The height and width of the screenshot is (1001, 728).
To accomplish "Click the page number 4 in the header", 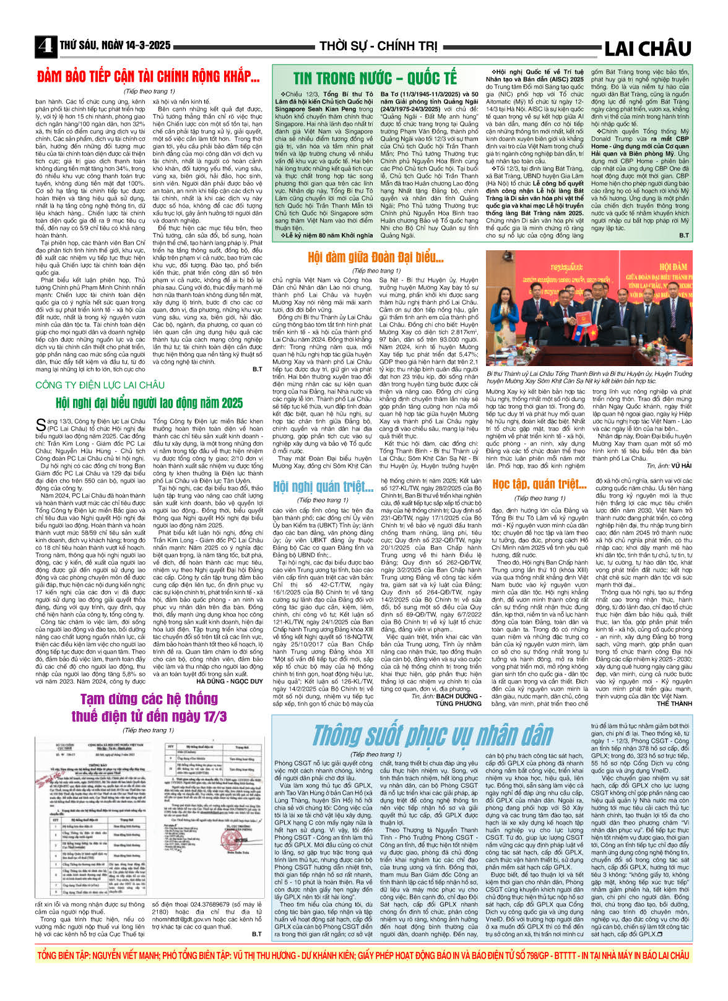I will (45, 46).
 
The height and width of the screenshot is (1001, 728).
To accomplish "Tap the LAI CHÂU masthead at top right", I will (648, 48).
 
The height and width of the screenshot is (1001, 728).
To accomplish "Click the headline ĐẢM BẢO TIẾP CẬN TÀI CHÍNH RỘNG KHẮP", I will (149, 77).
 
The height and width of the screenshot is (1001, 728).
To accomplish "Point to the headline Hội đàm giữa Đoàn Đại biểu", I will (376, 257).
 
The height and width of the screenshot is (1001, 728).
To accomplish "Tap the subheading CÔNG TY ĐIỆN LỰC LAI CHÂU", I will (100, 385).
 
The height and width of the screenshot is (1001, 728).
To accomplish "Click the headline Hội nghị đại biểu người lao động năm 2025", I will (149, 403).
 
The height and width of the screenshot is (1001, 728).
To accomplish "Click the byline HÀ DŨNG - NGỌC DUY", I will (229, 681).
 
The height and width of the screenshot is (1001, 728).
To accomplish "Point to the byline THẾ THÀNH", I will (674, 704).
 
